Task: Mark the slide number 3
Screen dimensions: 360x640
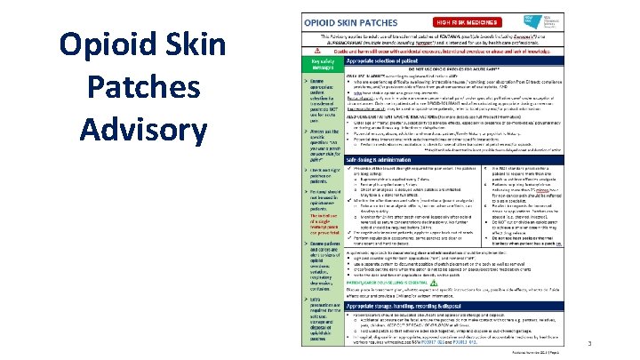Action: tap(613, 343)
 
